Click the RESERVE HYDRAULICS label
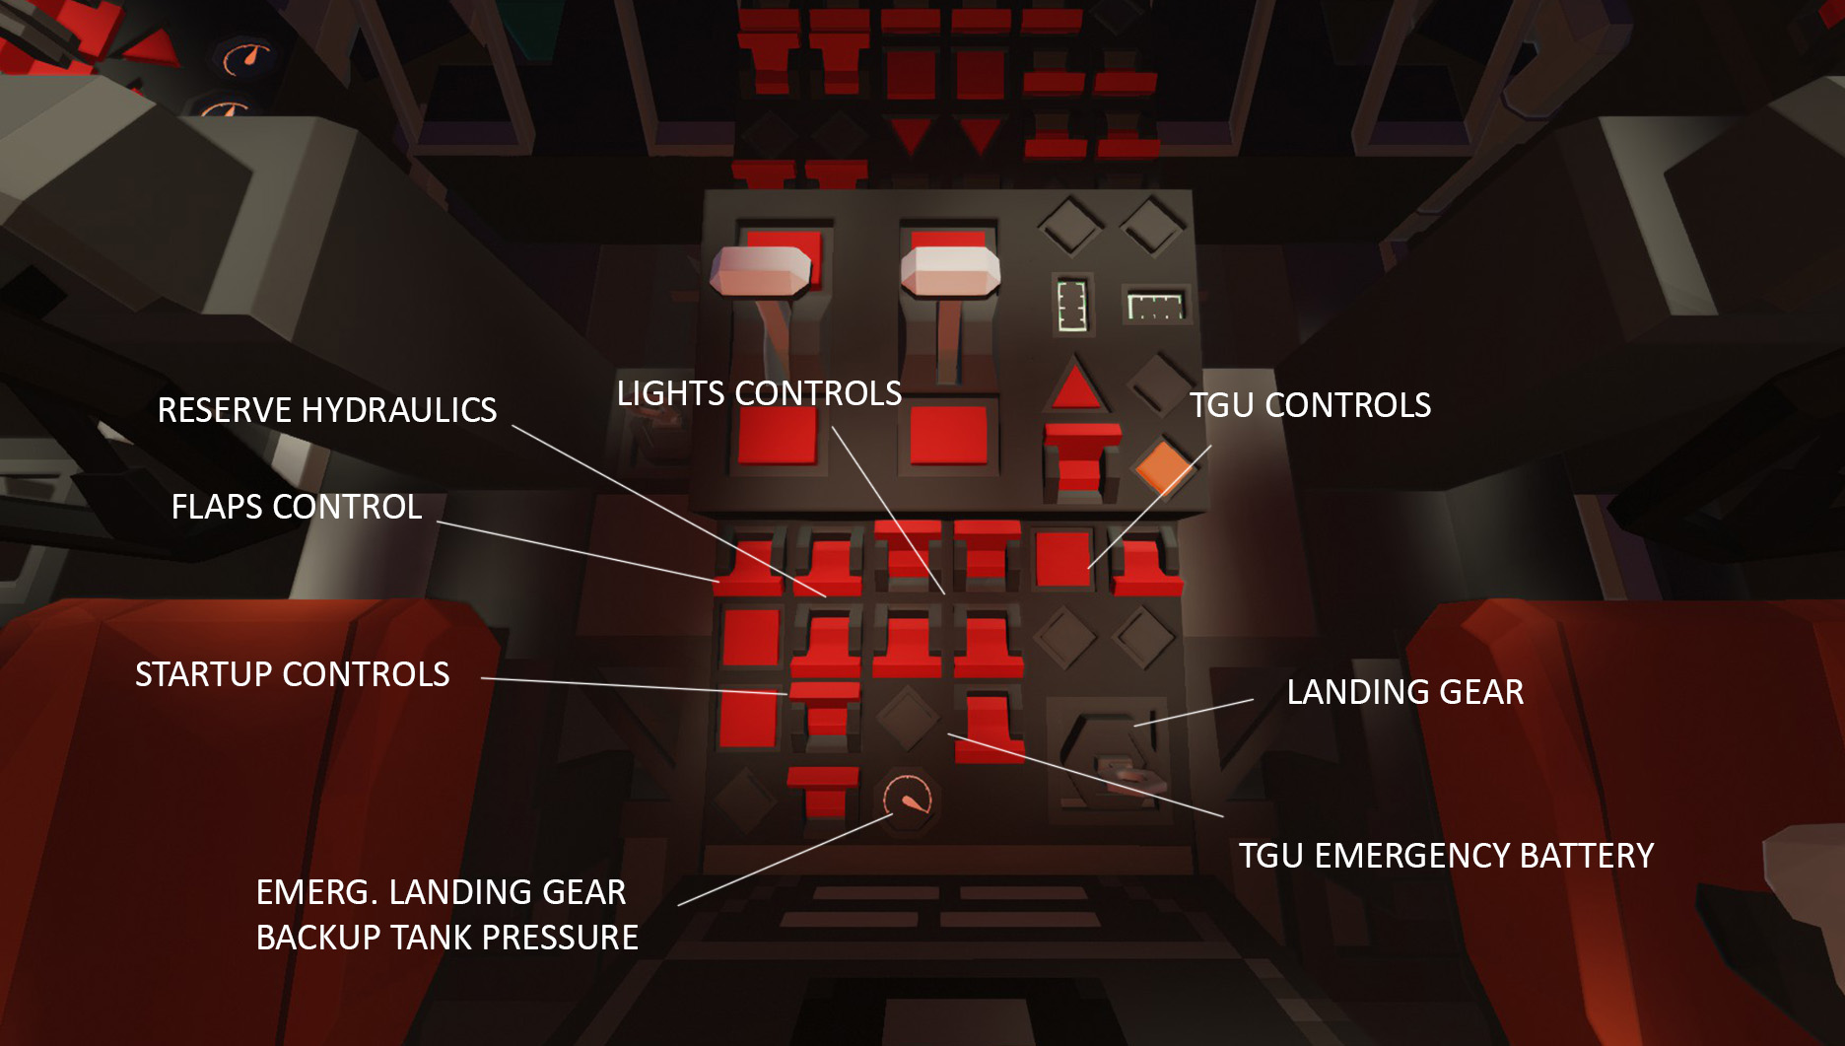tap(327, 410)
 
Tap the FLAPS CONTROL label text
tap(297, 507)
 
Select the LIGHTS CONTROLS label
tap(759, 393)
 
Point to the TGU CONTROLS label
tap(1310, 405)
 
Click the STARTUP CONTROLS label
tap(293, 674)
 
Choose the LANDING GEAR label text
tap(1405, 692)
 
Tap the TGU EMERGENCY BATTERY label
tap(1446, 856)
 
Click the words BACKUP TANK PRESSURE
tap(447, 938)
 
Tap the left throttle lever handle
tap(761, 270)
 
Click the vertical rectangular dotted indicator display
tap(1071, 305)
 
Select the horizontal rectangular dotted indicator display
tap(1154, 305)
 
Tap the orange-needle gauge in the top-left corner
tap(244, 59)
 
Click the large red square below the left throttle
tap(778, 434)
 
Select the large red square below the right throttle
tap(948, 434)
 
